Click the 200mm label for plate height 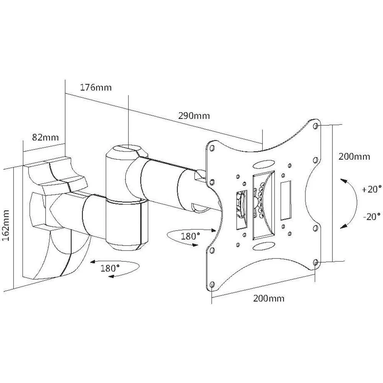click(x=354, y=156)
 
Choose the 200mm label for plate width click(x=268, y=298)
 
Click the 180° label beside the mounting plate click(x=190, y=236)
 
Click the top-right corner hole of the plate click(x=315, y=126)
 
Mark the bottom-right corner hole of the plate click(x=315, y=262)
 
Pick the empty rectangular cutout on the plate click(x=286, y=201)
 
